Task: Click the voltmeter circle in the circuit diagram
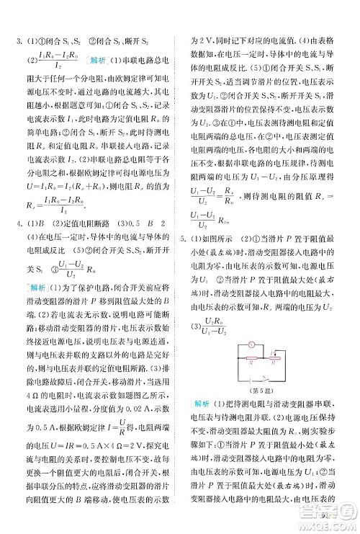(x=250, y=345)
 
